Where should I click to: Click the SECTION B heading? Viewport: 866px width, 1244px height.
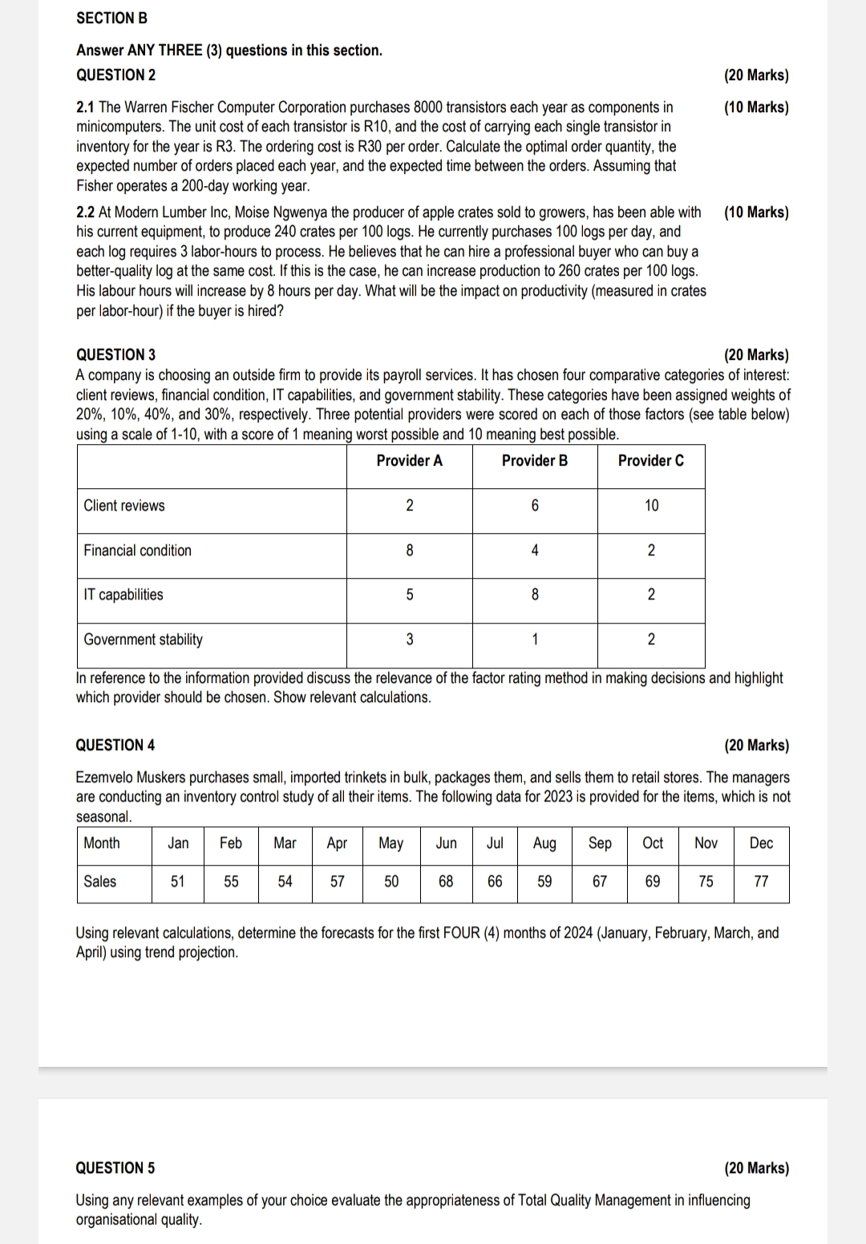coord(111,18)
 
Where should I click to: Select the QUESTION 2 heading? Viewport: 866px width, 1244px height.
coord(115,75)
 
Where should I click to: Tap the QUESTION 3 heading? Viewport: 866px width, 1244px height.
coord(115,354)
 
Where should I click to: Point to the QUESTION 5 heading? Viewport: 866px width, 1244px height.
coord(115,1168)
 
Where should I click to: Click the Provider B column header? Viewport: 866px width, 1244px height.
coord(534,461)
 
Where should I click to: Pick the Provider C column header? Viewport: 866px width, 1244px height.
coord(650,461)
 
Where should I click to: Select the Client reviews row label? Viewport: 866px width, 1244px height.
coord(124,506)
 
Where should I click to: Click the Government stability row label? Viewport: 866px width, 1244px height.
coord(143,640)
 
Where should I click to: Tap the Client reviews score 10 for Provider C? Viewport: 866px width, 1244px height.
coord(651,506)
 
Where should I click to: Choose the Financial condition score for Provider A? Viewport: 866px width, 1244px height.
coord(410,551)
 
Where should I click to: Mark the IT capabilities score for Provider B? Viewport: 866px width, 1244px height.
coord(535,595)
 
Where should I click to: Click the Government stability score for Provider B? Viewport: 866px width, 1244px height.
coord(535,640)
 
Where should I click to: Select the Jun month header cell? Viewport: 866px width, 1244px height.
coord(446,843)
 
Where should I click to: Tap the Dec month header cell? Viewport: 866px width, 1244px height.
coord(761,843)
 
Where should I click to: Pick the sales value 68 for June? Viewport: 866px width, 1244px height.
coord(446,882)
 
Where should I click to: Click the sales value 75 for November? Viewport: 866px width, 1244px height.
coord(706,882)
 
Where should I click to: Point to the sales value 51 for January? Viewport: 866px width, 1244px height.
coord(178,882)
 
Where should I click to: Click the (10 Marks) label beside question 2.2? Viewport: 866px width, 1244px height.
coord(756,212)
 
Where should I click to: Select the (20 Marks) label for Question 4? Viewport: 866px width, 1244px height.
coord(756,745)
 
